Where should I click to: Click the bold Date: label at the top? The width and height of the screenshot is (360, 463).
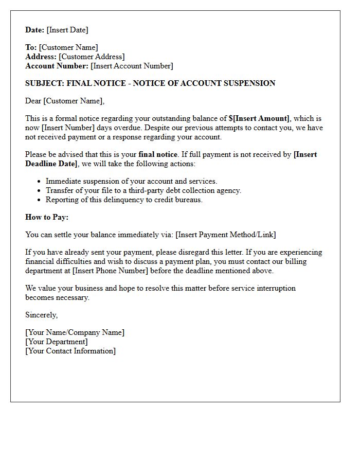[x=35, y=30]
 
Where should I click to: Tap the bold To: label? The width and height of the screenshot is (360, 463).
[x=31, y=47]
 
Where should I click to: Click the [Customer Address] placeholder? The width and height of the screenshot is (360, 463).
[x=92, y=57]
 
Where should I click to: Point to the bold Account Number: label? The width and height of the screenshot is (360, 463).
[x=57, y=66]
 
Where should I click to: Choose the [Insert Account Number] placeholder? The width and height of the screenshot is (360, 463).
[x=132, y=66]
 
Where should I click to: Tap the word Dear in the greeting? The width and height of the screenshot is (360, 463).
[x=33, y=101]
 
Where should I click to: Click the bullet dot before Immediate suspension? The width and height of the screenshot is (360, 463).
[x=40, y=181]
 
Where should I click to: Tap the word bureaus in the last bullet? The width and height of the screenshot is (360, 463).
[x=188, y=200]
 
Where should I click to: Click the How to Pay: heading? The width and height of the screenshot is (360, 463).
[x=47, y=217]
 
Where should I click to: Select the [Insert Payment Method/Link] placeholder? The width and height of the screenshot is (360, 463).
[x=225, y=235]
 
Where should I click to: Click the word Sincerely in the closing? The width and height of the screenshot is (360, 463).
[x=41, y=315]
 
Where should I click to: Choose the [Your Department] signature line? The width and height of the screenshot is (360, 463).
[x=57, y=342]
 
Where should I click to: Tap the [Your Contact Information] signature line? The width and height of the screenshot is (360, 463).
[x=70, y=351]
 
